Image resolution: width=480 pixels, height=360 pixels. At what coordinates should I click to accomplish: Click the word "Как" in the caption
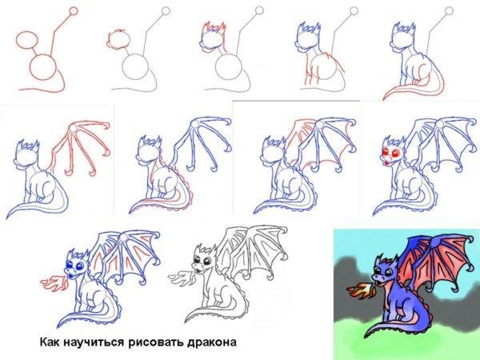tap(51, 343)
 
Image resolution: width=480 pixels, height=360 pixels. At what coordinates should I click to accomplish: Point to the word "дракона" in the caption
tap(212, 343)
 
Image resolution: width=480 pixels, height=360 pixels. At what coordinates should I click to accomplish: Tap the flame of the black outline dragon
tap(177, 280)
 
